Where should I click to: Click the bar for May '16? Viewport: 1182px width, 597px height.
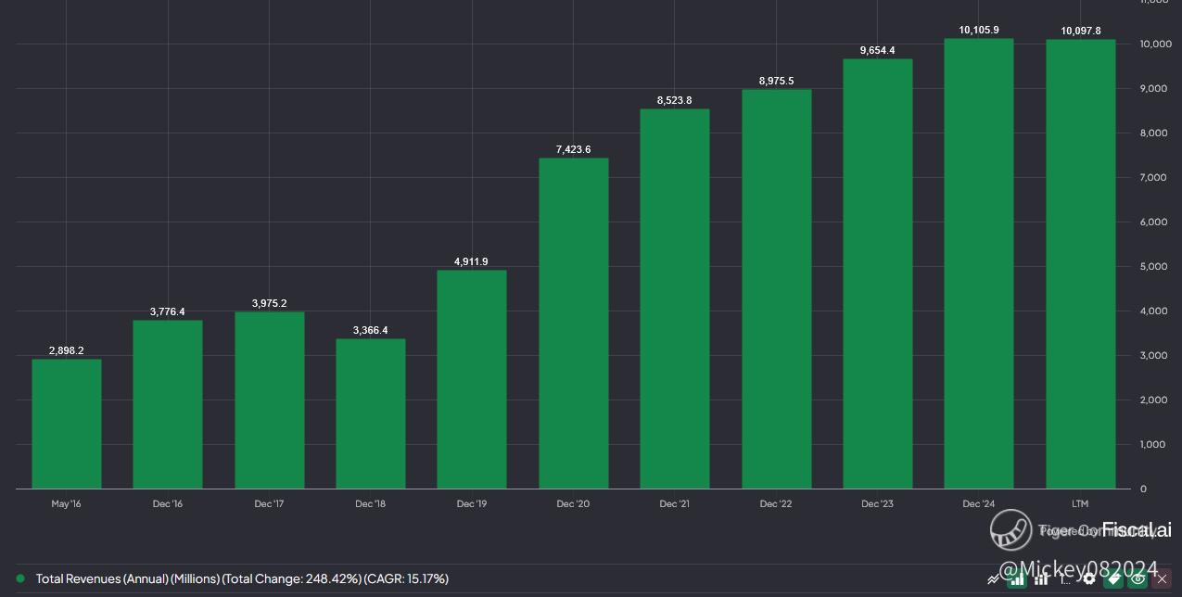click(67, 424)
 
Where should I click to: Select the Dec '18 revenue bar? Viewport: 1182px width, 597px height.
click(371, 413)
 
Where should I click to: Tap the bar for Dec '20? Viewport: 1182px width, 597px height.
click(574, 324)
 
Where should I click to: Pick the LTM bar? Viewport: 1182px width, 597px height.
click(1080, 264)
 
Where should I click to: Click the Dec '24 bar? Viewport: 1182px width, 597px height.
click(979, 264)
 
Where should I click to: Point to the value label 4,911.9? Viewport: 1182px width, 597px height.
click(471, 262)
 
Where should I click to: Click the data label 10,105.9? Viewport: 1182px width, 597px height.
click(979, 31)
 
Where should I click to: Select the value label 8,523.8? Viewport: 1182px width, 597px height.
click(674, 100)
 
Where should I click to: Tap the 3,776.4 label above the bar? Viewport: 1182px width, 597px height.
click(167, 311)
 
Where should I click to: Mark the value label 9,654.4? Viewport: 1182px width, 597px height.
click(877, 50)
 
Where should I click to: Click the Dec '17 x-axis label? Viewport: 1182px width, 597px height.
click(269, 504)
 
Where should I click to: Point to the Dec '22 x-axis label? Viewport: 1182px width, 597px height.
click(776, 504)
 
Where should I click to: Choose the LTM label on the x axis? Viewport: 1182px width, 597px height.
click(1080, 504)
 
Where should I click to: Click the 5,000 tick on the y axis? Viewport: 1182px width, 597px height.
click(1152, 267)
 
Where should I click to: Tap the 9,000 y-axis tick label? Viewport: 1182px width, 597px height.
click(1152, 89)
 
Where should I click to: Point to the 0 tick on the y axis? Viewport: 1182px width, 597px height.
click(1143, 489)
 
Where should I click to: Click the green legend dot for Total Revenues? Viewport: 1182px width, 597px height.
click(20, 578)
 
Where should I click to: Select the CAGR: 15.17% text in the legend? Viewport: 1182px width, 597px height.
click(408, 578)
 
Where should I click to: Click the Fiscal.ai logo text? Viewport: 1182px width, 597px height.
click(1137, 530)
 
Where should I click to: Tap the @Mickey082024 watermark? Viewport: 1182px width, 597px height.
click(1077, 568)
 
